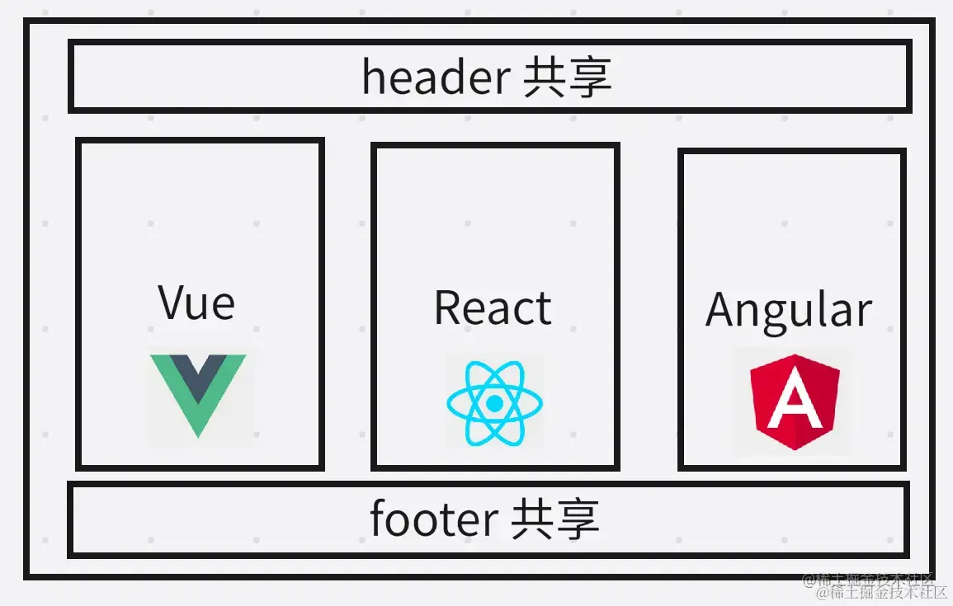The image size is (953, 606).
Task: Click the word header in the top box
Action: coord(436,78)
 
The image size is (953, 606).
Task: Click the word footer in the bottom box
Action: coord(433,519)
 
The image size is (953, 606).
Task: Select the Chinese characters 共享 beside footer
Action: coord(555,520)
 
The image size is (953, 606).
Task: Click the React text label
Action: coord(493,308)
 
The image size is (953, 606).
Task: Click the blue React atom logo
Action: coord(494,403)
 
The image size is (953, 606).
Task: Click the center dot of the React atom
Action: coord(494,403)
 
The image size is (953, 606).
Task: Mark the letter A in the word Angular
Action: coord(721,310)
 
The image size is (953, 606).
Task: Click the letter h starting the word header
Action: coord(372,78)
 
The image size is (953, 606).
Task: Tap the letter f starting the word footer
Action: coord(377,519)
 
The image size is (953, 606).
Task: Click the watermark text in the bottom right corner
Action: coord(875,585)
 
